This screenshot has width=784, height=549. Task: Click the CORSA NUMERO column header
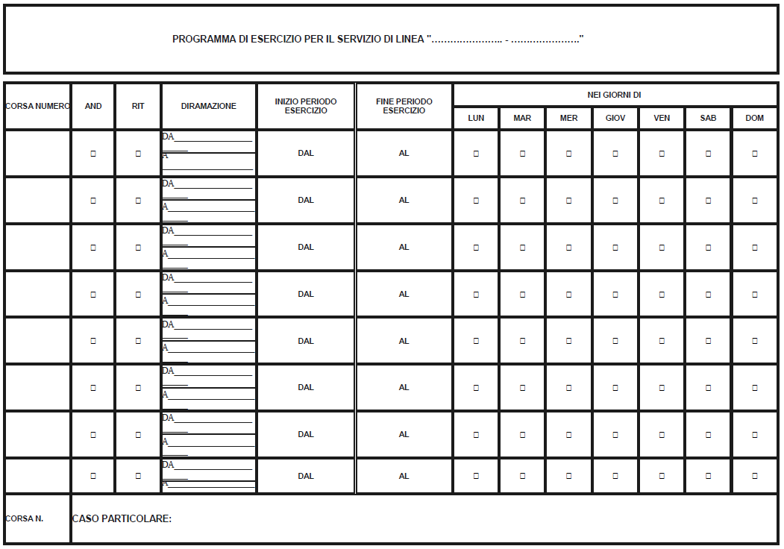37,106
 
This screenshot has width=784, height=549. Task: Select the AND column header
93,106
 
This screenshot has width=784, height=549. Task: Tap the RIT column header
138,106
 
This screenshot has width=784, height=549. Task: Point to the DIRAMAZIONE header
209,106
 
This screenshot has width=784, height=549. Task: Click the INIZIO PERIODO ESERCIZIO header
306,106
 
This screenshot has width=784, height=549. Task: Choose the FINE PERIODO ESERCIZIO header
404,106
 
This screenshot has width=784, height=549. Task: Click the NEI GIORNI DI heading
615,95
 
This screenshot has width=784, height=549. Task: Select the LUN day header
476,118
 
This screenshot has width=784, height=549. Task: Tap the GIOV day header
615,118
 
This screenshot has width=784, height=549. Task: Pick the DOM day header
755,118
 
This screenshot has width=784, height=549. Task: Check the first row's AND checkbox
93,154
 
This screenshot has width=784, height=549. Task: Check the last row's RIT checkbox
138,476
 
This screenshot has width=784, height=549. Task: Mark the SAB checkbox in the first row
709,154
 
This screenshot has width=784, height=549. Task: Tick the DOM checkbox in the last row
755,476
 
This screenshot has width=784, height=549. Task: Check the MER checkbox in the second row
569,201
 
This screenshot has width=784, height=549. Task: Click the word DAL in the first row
306,153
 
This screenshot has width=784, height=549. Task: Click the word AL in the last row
404,476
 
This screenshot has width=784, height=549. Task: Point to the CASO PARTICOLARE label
122,518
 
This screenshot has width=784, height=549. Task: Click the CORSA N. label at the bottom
24,518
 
